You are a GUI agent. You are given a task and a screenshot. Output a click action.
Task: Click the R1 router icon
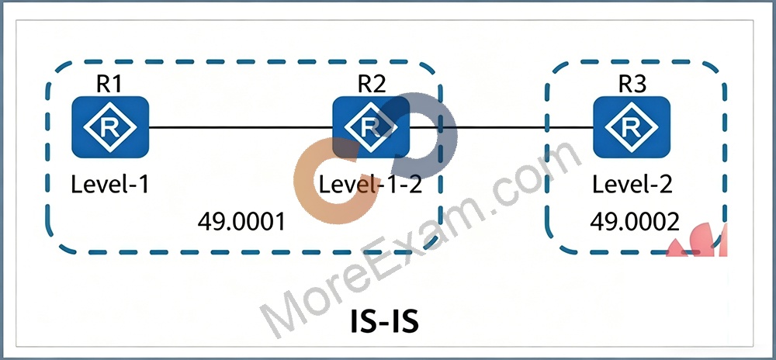pos(110,127)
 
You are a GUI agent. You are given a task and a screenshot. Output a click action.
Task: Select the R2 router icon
pos(371,127)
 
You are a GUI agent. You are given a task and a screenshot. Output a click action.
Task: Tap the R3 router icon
pos(632,127)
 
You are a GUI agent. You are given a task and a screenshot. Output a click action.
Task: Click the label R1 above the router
pos(109,85)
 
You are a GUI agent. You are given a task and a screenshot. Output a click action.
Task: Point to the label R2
pos(372,85)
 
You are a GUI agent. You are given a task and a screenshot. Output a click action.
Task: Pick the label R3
pos(632,85)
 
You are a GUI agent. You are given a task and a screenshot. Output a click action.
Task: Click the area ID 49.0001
pos(242,222)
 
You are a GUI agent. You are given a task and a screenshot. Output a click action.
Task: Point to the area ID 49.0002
pos(635,222)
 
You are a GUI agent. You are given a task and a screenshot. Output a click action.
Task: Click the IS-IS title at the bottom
pos(384,322)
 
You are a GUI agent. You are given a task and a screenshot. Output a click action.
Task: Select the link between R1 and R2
pos(241,127)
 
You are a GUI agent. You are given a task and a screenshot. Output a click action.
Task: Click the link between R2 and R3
pos(501,127)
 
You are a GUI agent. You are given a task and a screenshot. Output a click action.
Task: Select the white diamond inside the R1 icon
pos(110,127)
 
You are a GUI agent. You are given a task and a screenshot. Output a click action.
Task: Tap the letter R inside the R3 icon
pos(632,127)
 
